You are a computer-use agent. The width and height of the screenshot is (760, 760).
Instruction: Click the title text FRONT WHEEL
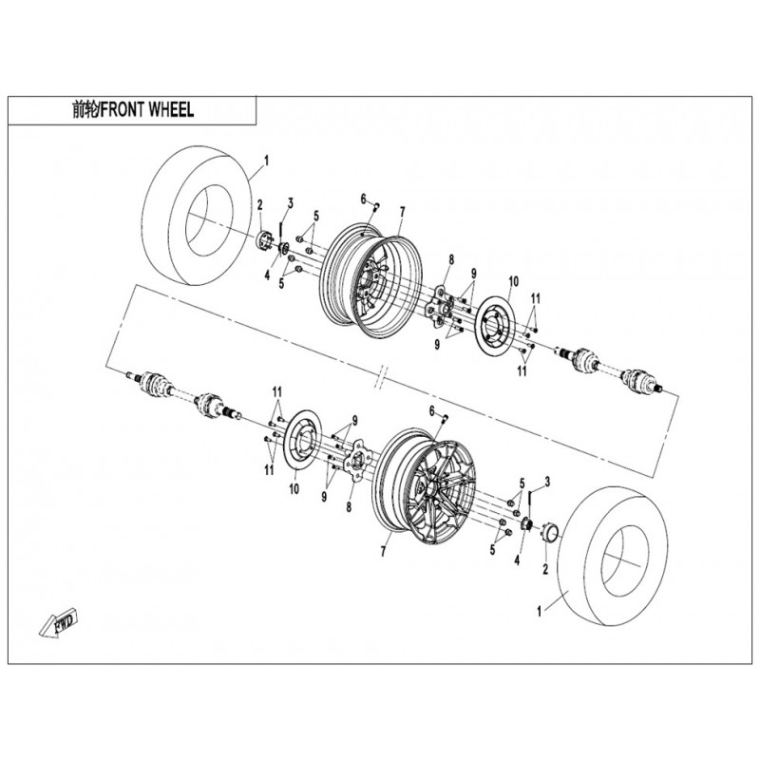click(x=148, y=110)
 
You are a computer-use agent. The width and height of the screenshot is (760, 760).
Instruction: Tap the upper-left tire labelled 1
click(x=199, y=215)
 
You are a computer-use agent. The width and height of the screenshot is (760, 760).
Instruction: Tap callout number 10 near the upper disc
click(x=513, y=281)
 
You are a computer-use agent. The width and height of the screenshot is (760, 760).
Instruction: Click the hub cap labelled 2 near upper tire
click(x=263, y=240)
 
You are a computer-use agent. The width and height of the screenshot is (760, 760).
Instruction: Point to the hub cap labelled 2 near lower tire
click(x=550, y=531)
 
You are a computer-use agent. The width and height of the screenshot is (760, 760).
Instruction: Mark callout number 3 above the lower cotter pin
click(x=547, y=482)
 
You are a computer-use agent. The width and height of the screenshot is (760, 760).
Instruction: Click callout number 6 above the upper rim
click(x=363, y=199)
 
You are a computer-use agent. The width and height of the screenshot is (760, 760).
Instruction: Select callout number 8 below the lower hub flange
click(x=349, y=507)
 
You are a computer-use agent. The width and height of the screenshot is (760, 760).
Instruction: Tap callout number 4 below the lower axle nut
click(x=517, y=560)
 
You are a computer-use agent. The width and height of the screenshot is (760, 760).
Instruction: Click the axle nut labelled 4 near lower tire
click(x=527, y=523)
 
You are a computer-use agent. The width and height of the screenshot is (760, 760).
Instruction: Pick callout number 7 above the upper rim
click(x=402, y=212)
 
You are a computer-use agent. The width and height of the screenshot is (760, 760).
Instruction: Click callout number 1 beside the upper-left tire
click(x=266, y=161)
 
